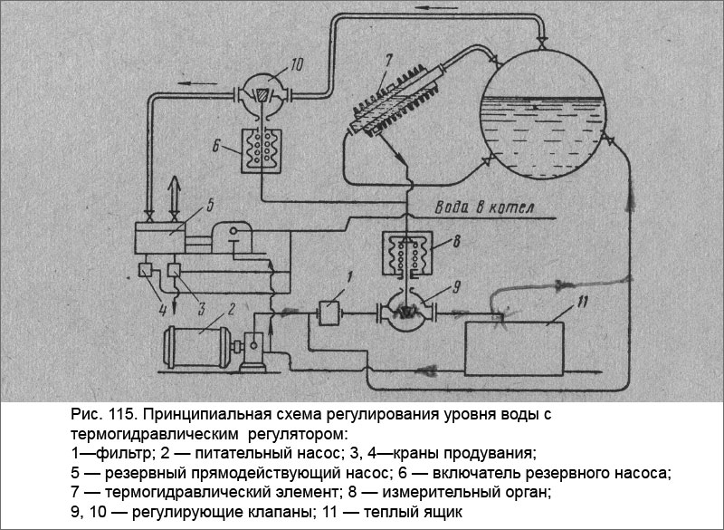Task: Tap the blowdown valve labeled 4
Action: coord(145,269)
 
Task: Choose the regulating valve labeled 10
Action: coord(261,92)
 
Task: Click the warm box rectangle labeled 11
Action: coord(515,345)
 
